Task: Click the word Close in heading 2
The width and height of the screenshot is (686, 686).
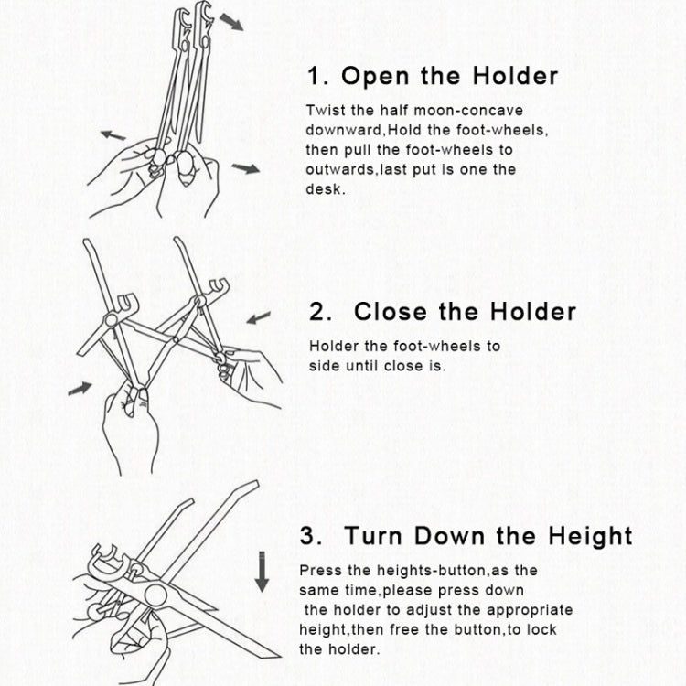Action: (x=391, y=312)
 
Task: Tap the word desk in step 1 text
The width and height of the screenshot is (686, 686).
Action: (x=323, y=189)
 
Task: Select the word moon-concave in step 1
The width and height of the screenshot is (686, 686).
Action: (x=468, y=111)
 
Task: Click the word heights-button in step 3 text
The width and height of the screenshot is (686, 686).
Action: (x=432, y=571)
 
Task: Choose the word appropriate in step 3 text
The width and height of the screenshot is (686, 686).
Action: (x=530, y=611)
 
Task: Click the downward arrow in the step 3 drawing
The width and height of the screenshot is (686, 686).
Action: (x=262, y=572)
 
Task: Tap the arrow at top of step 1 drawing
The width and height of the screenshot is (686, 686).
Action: (x=231, y=22)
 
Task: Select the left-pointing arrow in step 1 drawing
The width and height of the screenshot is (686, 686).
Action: (x=113, y=135)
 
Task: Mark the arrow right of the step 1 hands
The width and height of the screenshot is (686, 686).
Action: (x=245, y=168)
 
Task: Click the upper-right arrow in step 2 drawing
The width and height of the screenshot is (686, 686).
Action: (x=259, y=317)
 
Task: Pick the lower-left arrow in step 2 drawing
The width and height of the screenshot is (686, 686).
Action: (x=80, y=388)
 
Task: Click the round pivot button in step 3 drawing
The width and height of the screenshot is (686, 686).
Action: (x=155, y=595)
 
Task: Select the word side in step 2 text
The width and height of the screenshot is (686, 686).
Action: (x=323, y=366)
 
